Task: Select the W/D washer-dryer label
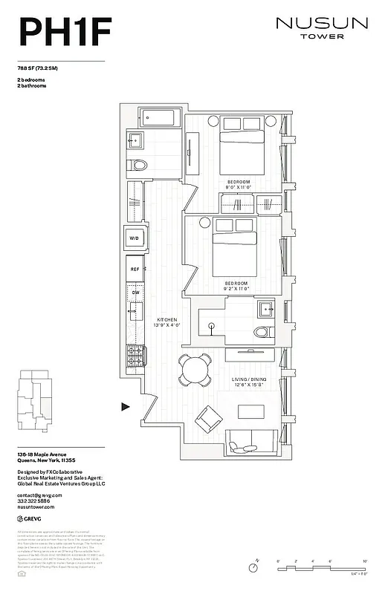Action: (x=135, y=238)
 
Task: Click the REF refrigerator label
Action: (x=135, y=270)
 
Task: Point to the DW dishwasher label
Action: (x=135, y=293)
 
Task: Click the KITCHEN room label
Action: (x=166, y=320)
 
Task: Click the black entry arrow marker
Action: (x=126, y=406)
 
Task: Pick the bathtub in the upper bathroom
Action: (x=158, y=117)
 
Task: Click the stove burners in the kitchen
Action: (x=135, y=357)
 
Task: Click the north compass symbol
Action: (x=253, y=567)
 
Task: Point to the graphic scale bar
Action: (x=322, y=567)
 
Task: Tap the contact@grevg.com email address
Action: (x=39, y=495)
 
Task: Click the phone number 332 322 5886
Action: (x=36, y=501)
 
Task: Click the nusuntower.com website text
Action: (x=37, y=508)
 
